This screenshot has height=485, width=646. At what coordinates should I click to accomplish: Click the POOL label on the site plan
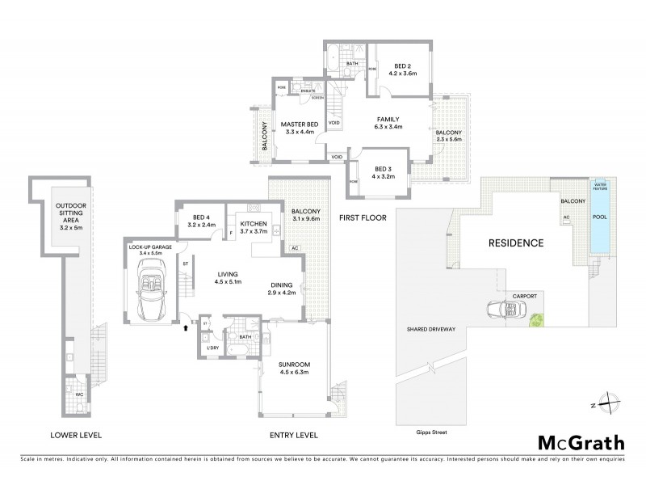coord(599,217)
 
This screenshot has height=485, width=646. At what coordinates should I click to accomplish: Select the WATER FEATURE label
coord(599,186)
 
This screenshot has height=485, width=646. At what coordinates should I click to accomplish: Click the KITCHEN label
coord(253,226)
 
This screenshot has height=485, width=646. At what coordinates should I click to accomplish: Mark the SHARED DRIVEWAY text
coord(433,330)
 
